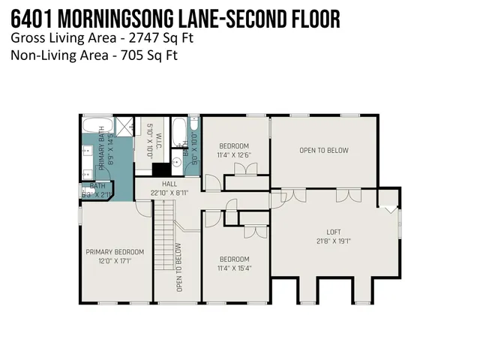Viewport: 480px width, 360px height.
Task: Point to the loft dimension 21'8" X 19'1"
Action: click(334, 241)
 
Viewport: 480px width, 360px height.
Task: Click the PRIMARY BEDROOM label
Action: click(114, 252)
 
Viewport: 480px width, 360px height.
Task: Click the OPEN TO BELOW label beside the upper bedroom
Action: click(323, 150)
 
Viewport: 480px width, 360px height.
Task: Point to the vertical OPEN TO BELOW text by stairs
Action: click(178, 268)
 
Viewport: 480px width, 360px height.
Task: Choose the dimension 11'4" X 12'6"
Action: click(234, 154)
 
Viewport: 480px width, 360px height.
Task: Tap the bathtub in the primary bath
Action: click(97, 125)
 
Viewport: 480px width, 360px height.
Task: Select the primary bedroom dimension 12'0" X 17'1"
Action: click(114, 261)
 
